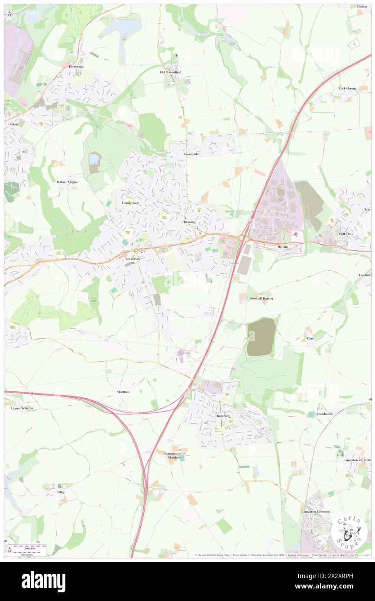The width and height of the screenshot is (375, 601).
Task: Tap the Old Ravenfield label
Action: click(x=171, y=72)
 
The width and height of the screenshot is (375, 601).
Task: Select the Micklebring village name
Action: click(x=347, y=88)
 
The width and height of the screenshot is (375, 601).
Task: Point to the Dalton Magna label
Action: click(x=67, y=182)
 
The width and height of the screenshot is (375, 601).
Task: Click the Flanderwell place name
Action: click(x=129, y=203)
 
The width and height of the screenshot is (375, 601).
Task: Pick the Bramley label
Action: click(x=190, y=222)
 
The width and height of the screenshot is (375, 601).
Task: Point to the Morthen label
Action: click(x=123, y=392)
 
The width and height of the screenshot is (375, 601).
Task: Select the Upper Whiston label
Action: click(x=22, y=408)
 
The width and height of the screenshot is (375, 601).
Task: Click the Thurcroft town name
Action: click(x=221, y=416)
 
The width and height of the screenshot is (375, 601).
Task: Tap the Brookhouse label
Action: click(x=324, y=414)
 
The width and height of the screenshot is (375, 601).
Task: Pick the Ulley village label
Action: click(x=61, y=492)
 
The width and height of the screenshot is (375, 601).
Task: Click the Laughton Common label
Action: click(x=316, y=511)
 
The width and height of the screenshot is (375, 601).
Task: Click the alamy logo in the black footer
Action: click(x=44, y=581)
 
